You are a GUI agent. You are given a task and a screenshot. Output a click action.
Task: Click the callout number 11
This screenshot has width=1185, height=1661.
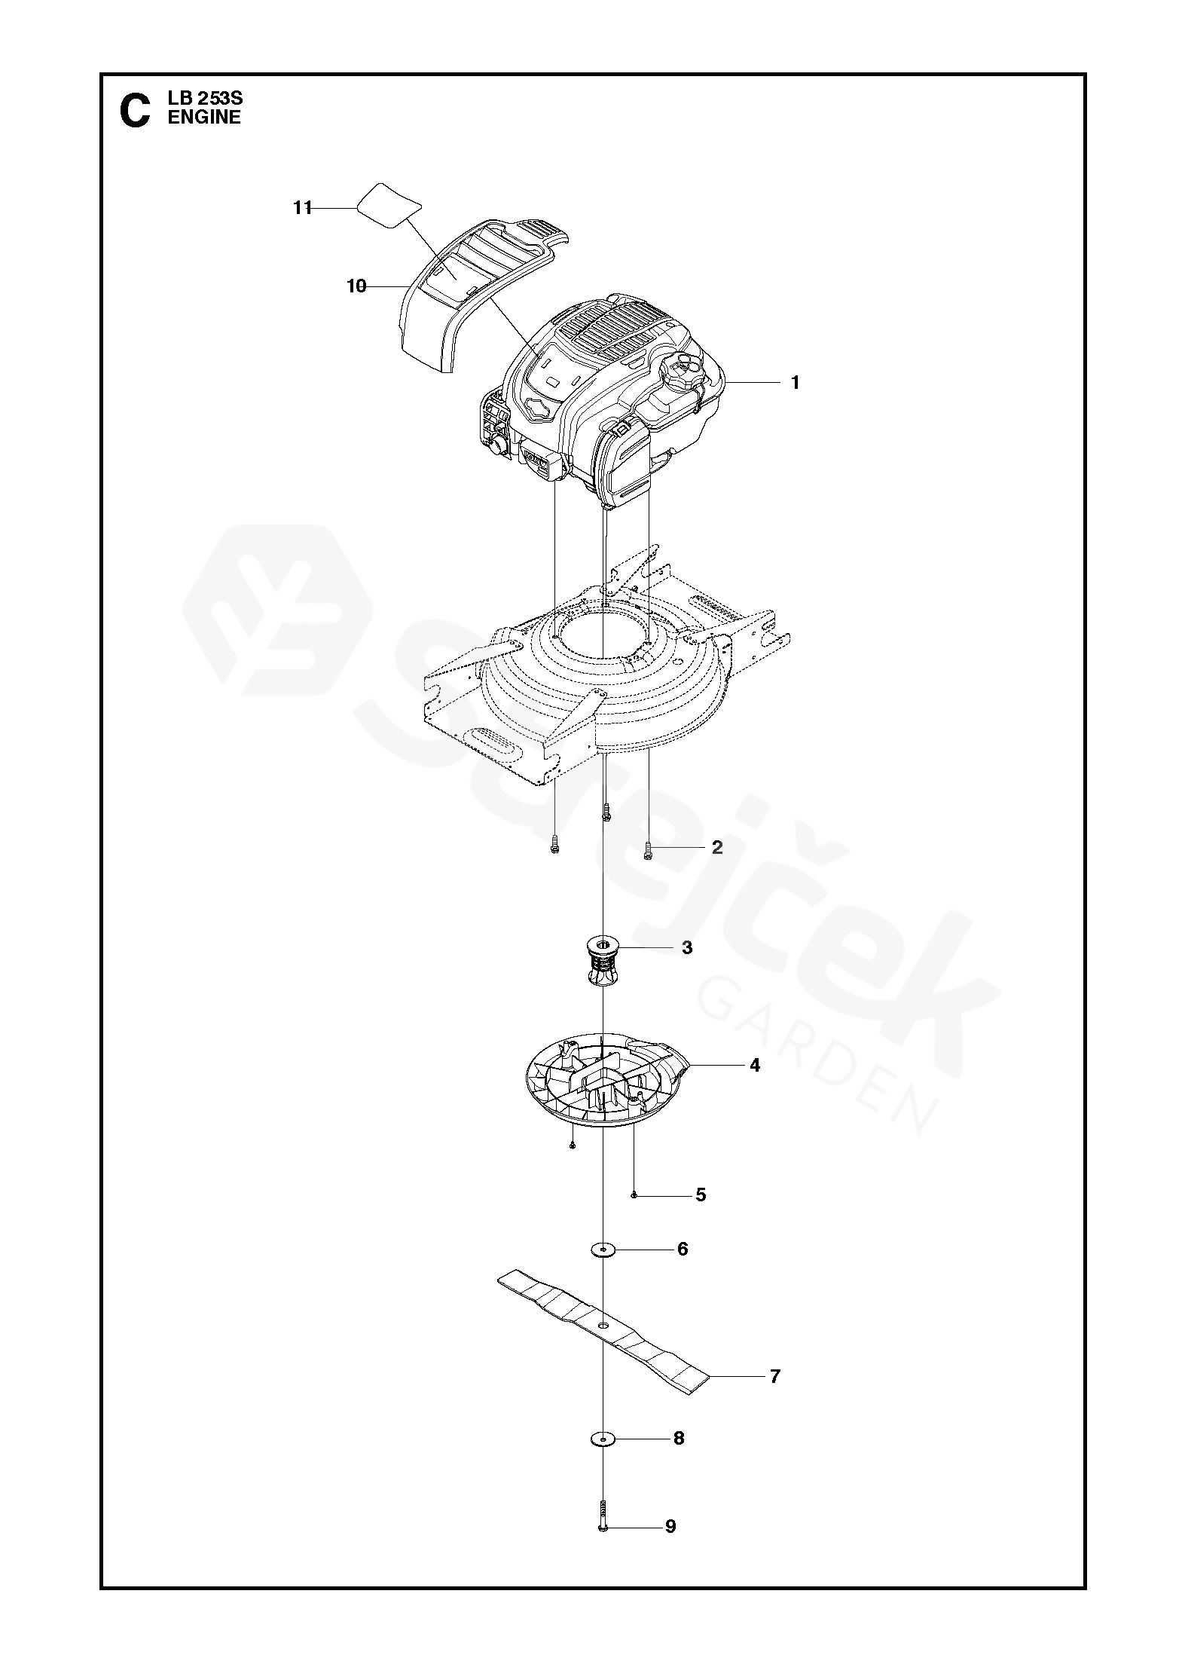[x=303, y=208]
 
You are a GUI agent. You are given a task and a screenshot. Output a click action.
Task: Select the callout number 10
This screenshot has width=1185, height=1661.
[x=356, y=286]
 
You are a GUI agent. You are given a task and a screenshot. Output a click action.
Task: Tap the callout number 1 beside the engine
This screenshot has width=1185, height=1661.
[x=795, y=383]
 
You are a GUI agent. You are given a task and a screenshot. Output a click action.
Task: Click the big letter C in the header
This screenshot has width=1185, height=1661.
[x=135, y=111]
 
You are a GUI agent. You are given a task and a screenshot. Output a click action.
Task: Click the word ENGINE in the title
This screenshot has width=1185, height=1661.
[x=204, y=117]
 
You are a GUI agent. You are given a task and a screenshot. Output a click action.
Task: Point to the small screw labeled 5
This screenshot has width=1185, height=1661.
[x=634, y=1195]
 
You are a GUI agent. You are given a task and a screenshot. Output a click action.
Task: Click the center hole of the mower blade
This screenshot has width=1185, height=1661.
[x=603, y=1324]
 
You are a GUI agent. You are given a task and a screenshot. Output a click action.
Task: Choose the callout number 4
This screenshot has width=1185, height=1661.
[x=755, y=1066]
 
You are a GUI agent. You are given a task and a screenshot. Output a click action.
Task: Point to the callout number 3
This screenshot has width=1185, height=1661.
[x=686, y=948]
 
